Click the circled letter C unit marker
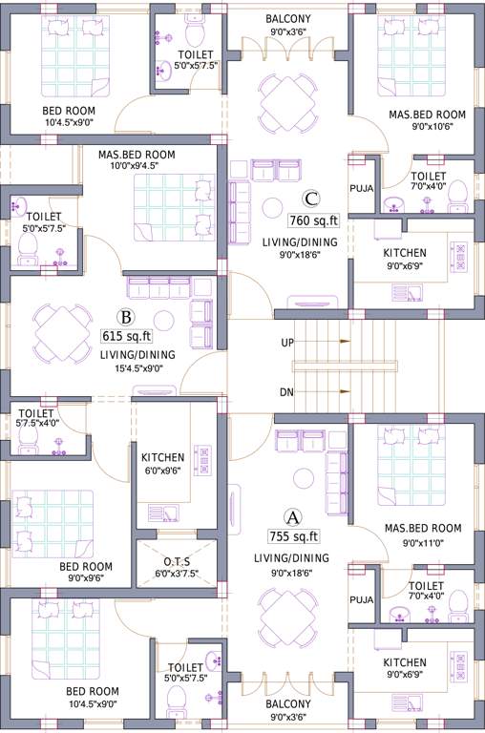pos(310,199)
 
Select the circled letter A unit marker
pos(294,517)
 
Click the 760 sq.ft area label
pos(314,220)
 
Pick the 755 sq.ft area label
pos(294,536)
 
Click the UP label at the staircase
pos(287,342)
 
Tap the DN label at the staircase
pos(286,392)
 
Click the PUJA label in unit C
pos(361,188)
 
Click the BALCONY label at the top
pos(286,18)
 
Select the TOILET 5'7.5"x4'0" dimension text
pos(38,423)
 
